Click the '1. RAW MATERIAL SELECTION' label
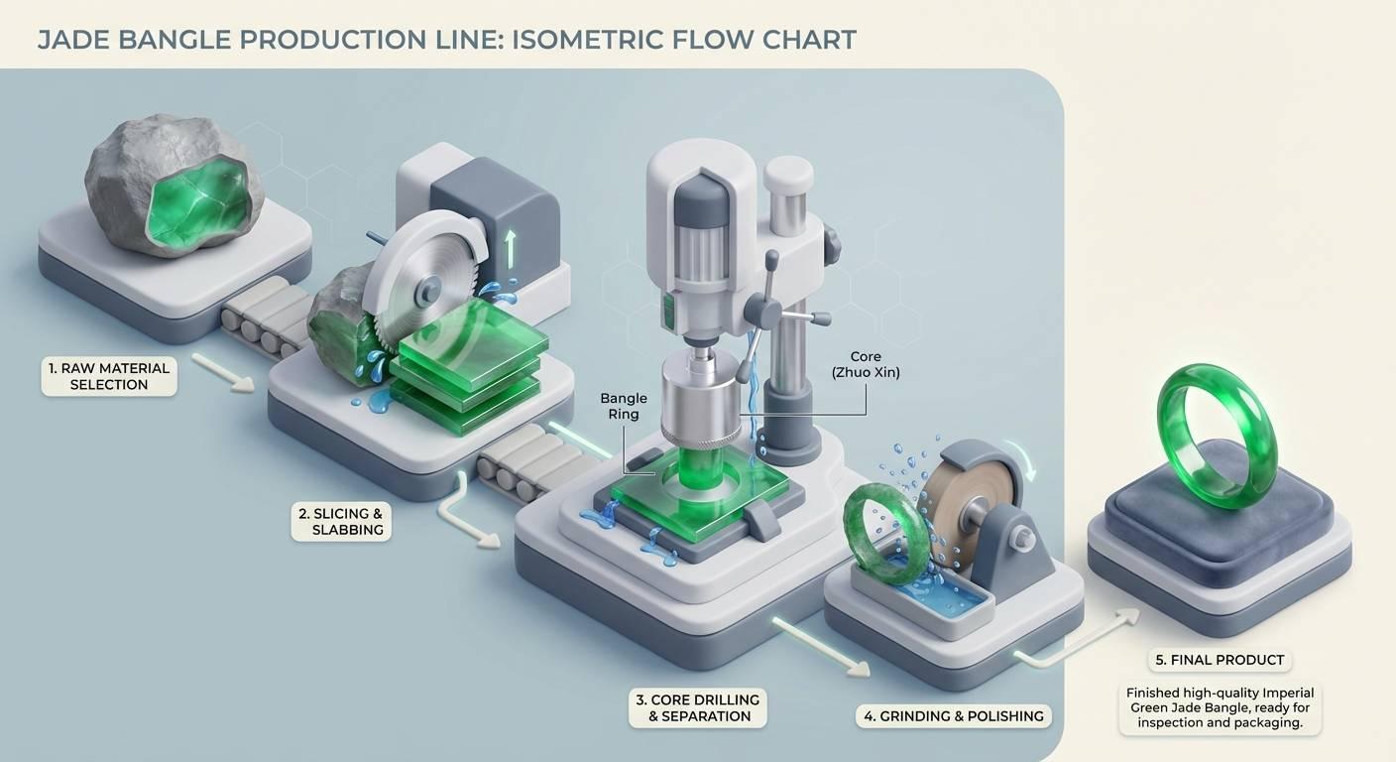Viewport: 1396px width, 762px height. click(x=109, y=376)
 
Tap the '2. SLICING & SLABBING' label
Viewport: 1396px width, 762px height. click(x=341, y=521)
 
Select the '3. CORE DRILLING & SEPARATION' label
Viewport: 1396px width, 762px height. click(x=697, y=707)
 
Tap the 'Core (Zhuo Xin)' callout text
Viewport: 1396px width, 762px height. click(x=865, y=364)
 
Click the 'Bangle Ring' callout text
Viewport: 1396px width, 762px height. click(x=623, y=406)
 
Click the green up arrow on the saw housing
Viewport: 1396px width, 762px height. click(x=510, y=248)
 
